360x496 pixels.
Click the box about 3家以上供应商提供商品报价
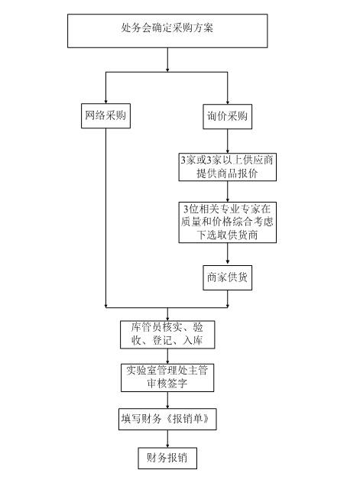pyautogui.click(x=228, y=167)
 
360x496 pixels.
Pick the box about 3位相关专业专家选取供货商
pyautogui.click(x=228, y=222)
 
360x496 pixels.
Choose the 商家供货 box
pyautogui.click(x=228, y=277)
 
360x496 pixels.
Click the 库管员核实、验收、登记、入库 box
pyautogui.click(x=167, y=333)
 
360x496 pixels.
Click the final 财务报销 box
pyautogui.click(x=167, y=458)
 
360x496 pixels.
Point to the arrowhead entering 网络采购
pyautogui.click(x=105, y=99)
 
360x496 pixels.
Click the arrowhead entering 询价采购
pyautogui.click(x=228, y=99)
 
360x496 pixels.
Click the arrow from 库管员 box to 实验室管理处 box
pyautogui.click(x=167, y=355)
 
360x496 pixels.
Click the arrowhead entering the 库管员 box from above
pyautogui.click(x=167, y=316)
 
